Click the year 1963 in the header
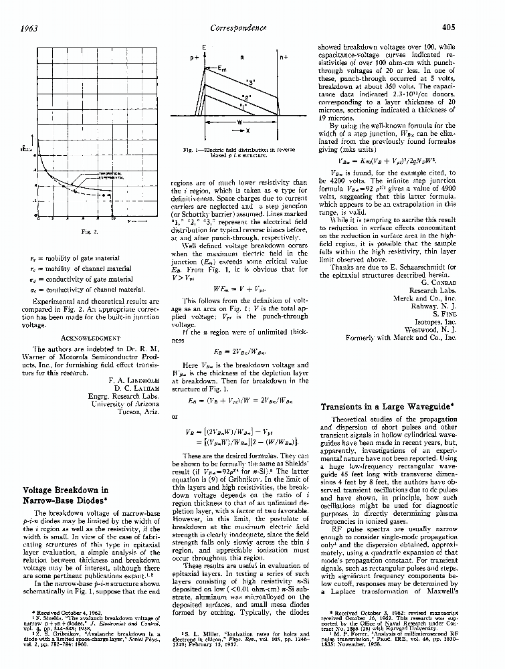tap(29, 27)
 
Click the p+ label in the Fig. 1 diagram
tap(195, 58)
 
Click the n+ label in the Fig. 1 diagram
tap(284, 58)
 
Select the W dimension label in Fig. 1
tap(239, 123)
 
